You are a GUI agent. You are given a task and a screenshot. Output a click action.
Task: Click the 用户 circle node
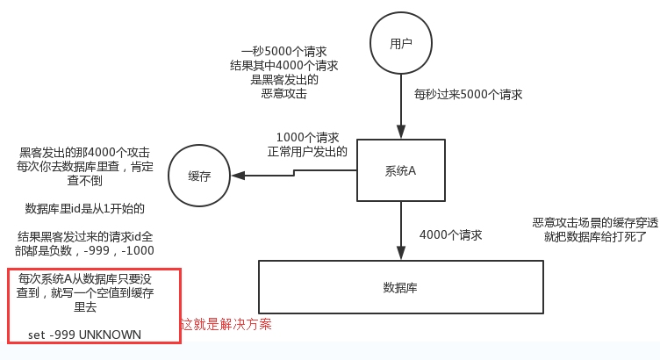[x=400, y=43]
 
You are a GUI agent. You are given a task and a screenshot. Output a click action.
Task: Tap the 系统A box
[x=399, y=169]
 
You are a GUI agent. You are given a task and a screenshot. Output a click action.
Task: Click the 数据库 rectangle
[x=399, y=287]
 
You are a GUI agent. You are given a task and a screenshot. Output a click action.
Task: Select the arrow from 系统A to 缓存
[x=298, y=174]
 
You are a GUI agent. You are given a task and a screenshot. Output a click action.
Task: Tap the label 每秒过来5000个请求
[x=469, y=94]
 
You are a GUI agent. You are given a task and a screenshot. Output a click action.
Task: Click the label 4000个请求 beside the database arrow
[x=450, y=235]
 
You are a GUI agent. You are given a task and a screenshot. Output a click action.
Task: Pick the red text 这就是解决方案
[x=226, y=324]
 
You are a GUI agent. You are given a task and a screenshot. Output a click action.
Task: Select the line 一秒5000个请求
[x=284, y=52]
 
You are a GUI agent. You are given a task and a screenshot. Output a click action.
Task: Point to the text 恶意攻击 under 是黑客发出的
[x=284, y=93]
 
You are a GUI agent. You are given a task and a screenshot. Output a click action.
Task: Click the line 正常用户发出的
[x=307, y=151]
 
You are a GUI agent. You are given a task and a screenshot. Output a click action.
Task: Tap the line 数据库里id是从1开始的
[x=84, y=209]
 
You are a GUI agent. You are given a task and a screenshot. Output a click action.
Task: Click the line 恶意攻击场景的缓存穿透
[x=595, y=223]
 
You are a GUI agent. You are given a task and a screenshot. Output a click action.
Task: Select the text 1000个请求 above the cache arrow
[x=307, y=137]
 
